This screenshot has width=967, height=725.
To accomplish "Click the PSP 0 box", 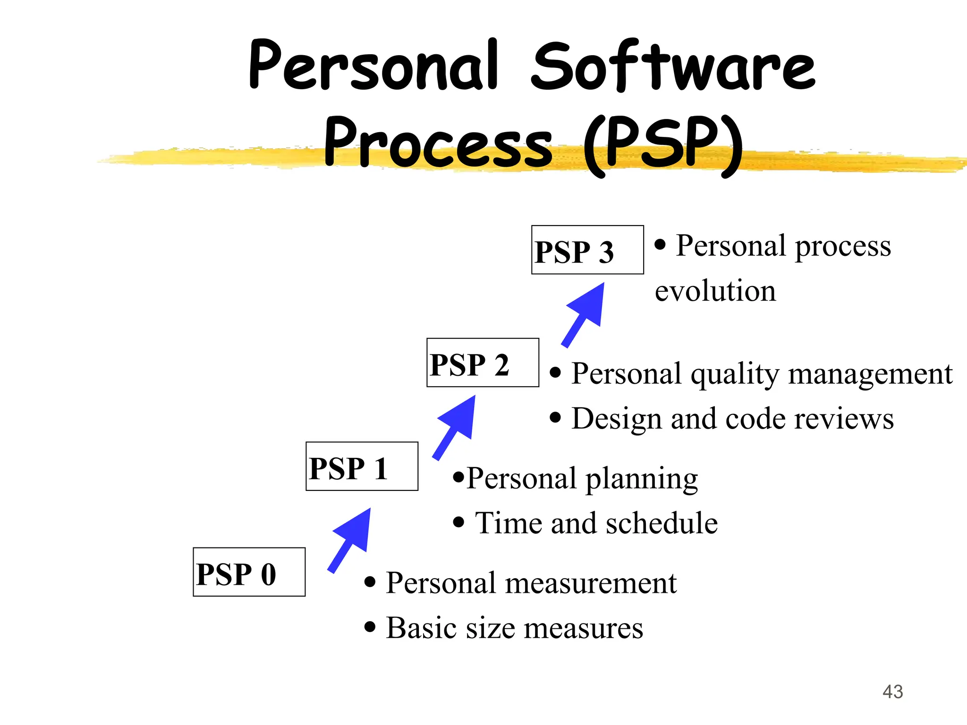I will [249, 572].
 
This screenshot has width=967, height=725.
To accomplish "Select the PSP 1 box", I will [362, 466].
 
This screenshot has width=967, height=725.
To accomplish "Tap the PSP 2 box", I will [483, 362].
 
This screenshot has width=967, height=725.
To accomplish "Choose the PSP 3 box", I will [587, 250].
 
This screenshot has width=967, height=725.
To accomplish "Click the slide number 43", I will [892, 692].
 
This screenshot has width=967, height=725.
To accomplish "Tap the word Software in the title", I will [673, 66].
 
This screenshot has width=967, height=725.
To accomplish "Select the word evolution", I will [715, 291].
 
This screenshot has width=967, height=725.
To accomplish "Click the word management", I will [870, 374].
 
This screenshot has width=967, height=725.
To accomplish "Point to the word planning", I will [642, 480].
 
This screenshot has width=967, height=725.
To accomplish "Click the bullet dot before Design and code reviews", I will [556, 418].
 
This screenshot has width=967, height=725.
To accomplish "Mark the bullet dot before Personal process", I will [660, 244].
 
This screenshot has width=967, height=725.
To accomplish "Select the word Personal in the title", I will [373, 66].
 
